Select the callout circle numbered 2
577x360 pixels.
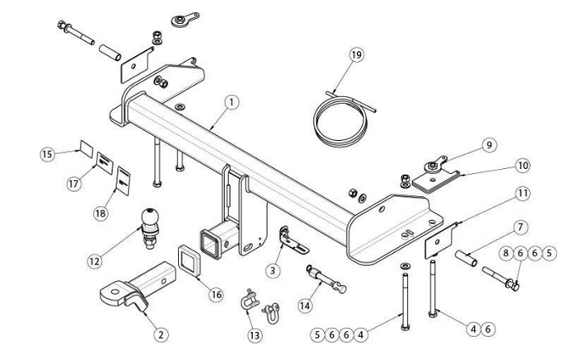click(162, 334)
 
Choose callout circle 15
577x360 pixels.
click(49, 152)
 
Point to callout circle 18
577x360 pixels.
click(101, 213)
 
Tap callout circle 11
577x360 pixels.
click(522, 194)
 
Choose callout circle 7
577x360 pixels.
click(521, 227)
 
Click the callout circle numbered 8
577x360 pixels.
click(506, 255)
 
